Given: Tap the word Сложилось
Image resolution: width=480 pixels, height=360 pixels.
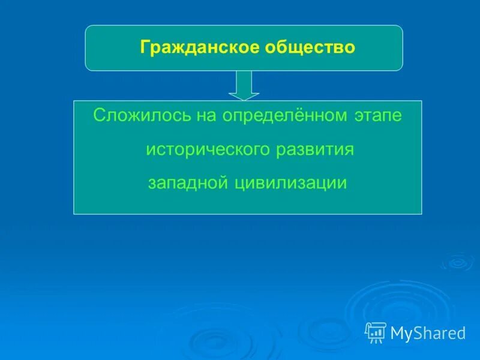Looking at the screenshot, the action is (x=142, y=115).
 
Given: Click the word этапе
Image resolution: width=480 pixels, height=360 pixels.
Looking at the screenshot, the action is (x=378, y=116).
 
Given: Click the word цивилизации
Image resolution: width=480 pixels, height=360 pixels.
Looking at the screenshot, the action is (x=291, y=184).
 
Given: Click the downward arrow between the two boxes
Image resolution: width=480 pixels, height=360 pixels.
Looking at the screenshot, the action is (x=244, y=85).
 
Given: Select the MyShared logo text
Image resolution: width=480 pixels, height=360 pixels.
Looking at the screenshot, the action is (x=428, y=333).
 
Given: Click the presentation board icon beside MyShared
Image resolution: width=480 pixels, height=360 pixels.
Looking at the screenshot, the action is (x=376, y=332).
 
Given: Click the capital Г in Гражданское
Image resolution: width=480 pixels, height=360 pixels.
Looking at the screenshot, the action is (x=145, y=47).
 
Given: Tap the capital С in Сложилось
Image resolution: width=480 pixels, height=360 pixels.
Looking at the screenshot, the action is (x=100, y=115).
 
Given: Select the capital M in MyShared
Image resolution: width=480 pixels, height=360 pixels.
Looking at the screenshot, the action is (x=398, y=332).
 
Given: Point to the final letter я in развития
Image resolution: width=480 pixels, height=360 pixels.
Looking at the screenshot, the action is (x=349, y=151).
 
